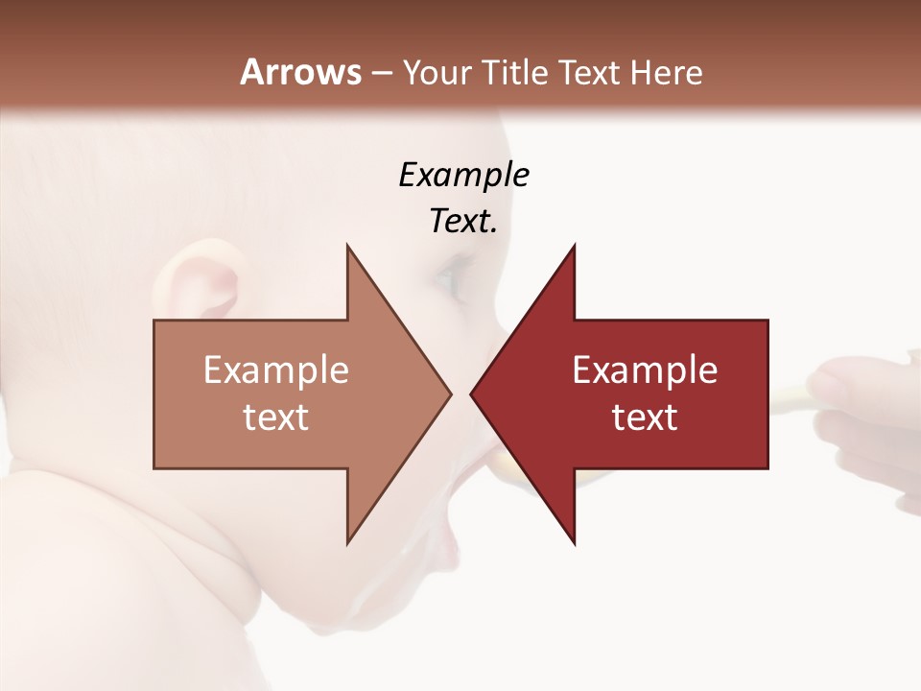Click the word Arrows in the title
tap(301, 72)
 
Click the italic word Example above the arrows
tap(463, 176)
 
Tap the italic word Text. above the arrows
tap(463, 222)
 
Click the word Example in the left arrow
tap(276, 370)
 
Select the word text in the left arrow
tap(276, 417)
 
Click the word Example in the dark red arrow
tap(645, 370)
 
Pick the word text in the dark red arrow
tap(645, 417)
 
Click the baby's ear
tap(206, 283)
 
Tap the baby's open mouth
tap(470, 518)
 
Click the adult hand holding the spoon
tap(863, 413)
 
